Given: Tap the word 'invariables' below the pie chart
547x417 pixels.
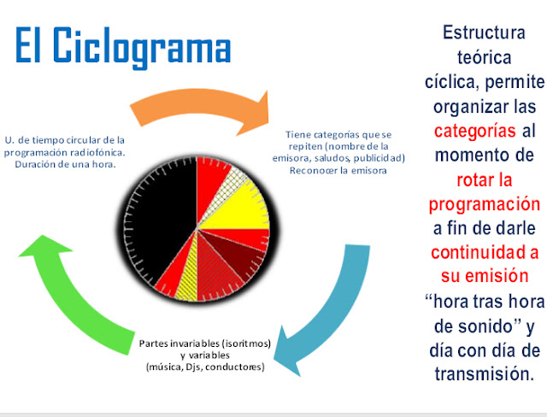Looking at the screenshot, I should point(196,344).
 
